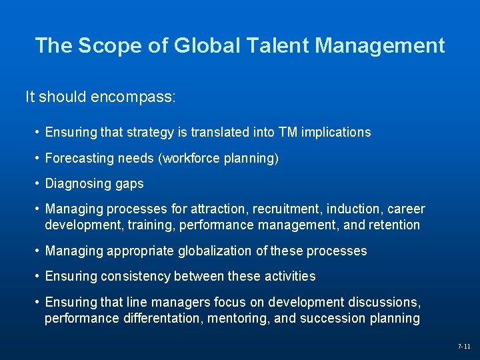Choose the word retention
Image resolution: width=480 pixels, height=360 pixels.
pos(393,225)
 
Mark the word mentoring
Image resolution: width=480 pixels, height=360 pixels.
pos(239,318)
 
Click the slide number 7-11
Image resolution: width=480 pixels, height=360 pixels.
pos(464,347)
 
